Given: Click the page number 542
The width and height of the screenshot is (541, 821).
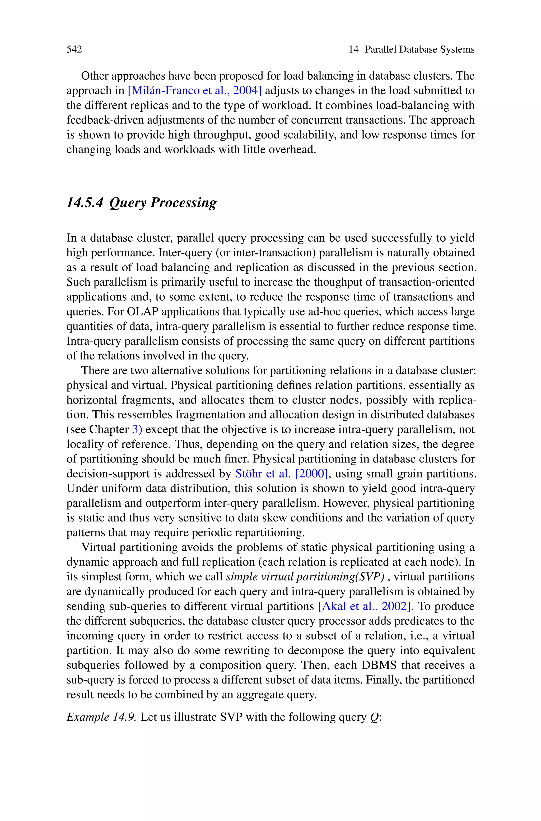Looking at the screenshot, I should pos(74,49).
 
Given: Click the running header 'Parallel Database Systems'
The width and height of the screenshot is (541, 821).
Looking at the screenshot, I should pos(419,49).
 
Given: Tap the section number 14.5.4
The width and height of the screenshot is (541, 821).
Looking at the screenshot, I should pos(85,202).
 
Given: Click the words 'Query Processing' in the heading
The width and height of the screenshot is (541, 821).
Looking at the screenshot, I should pos(163,202).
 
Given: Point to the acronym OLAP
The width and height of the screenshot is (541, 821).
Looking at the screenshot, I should pos(142,311).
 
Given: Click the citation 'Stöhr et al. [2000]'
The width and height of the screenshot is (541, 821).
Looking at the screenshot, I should pos(281,474).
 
